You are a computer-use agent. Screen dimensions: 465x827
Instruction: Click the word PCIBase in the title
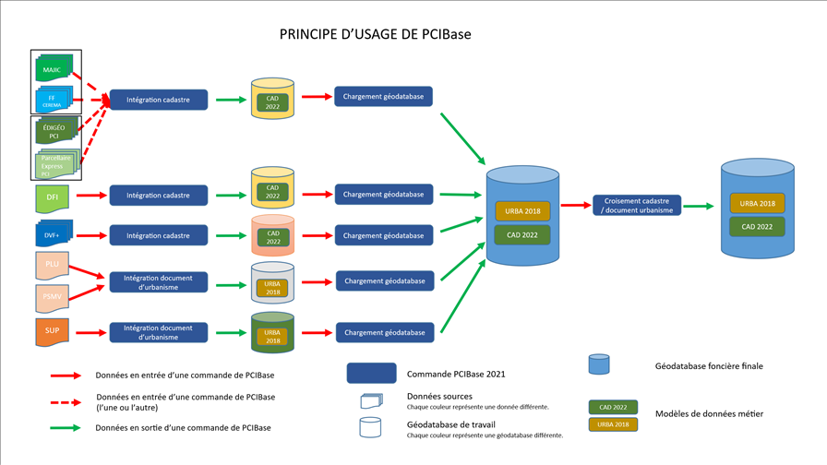pos(447,34)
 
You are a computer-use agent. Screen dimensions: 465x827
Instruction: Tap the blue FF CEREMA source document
pos(52,99)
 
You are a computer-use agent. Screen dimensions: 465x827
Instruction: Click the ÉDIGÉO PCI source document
pos(54,131)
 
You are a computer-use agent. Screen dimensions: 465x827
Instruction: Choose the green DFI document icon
pos(52,195)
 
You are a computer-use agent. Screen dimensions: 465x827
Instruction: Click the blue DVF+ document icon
pos(53,234)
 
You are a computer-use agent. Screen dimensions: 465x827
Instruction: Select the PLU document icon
pos(52,266)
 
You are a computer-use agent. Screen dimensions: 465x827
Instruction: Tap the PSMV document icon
pos(52,297)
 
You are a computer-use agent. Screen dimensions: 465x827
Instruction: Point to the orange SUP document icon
pos(52,331)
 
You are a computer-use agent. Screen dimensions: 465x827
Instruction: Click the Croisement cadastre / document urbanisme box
pos(637,206)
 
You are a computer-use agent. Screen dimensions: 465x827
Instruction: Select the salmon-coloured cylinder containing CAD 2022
pos(273,237)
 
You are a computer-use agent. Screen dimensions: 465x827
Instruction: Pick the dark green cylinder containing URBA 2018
pos(273,334)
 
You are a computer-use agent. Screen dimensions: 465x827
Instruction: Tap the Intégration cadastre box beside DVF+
pos(158,235)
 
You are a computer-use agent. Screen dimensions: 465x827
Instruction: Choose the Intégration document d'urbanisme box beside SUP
pos(158,332)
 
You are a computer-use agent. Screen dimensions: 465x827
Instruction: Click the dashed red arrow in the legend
pos(67,401)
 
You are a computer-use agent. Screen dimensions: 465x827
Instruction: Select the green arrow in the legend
pos(67,427)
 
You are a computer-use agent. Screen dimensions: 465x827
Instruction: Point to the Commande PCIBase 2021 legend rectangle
pos(371,374)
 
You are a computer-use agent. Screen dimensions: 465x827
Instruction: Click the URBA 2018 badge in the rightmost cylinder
pos(757,203)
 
